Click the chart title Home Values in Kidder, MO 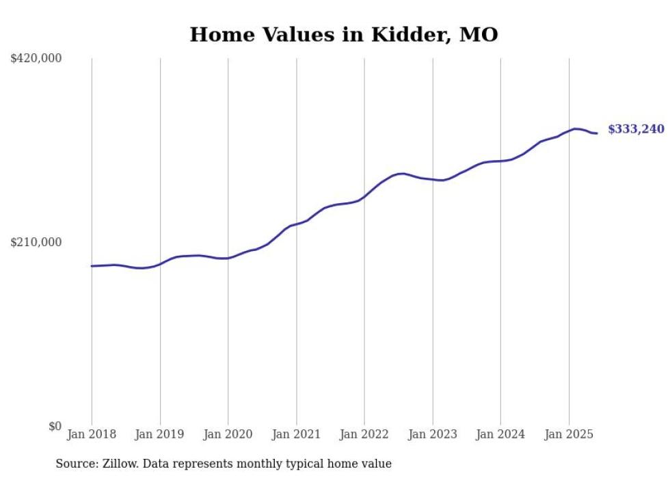click(343, 34)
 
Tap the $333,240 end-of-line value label click(636, 129)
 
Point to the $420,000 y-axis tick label click(36, 59)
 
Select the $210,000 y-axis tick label click(36, 242)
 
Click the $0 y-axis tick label click(55, 427)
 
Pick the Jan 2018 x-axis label click(92, 434)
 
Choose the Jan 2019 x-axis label click(160, 434)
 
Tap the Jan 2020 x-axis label click(228, 434)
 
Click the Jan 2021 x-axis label click(296, 434)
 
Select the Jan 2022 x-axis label click(364, 434)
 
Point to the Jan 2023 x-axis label click(433, 434)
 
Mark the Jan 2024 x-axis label click(500, 434)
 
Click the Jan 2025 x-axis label click(569, 434)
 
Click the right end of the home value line click(597, 133)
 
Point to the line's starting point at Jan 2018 click(92, 266)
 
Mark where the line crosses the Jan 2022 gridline click(364, 196)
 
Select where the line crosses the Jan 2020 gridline click(228, 258)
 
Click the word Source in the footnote click(75, 464)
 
